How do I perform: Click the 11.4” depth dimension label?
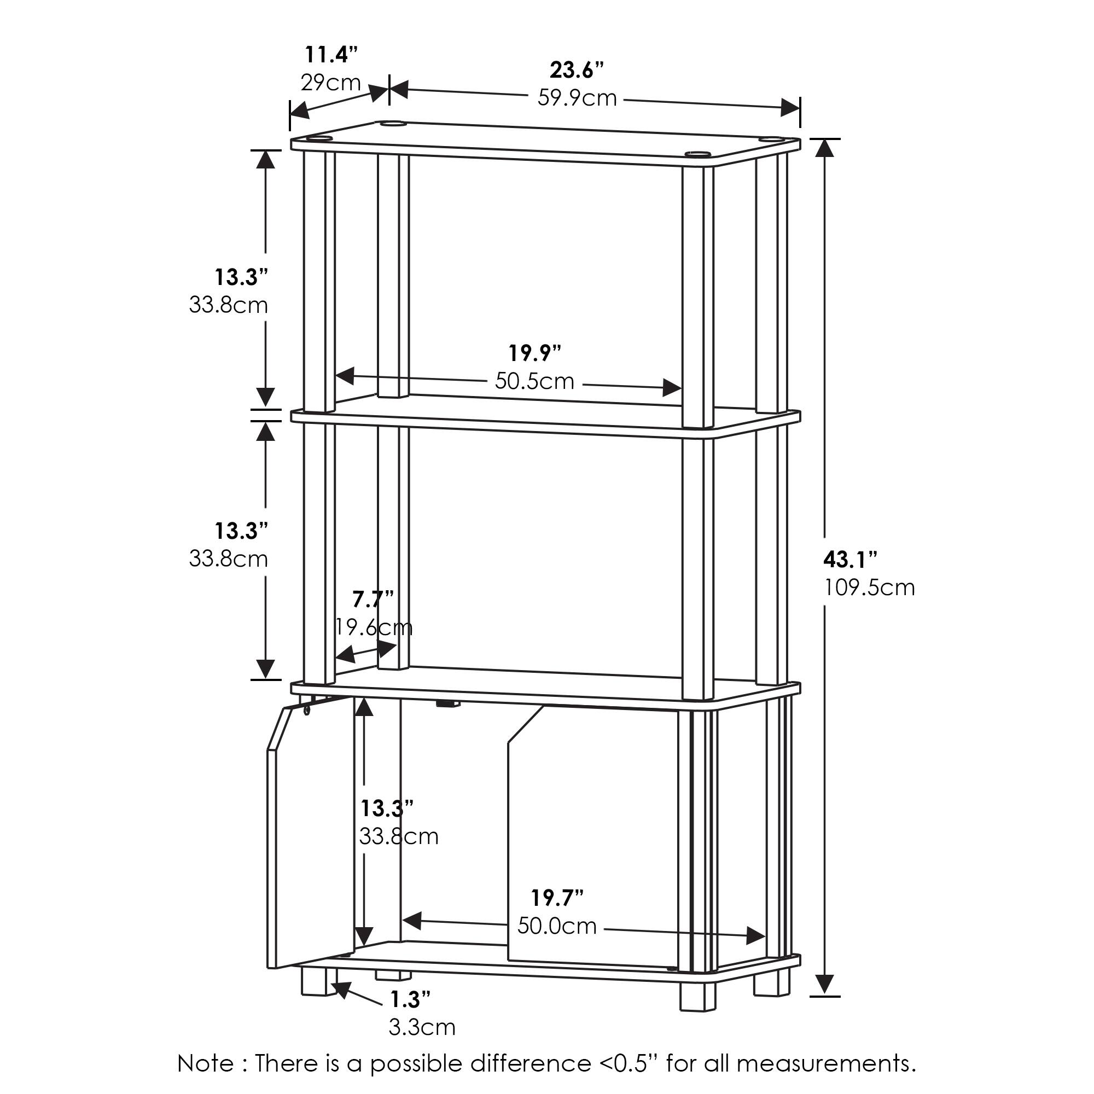pyautogui.click(x=331, y=55)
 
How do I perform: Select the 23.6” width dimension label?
pyautogui.click(x=577, y=71)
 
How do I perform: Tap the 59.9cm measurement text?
pyautogui.click(x=577, y=98)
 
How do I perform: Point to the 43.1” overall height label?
pyautogui.click(x=849, y=560)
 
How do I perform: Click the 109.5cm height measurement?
pyautogui.click(x=869, y=588)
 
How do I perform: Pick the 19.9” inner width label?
pyautogui.click(x=534, y=353)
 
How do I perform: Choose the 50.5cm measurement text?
pyautogui.click(x=534, y=381)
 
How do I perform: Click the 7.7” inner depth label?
pyautogui.click(x=373, y=598)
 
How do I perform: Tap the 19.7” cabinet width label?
pyautogui.click(x=557, y=898)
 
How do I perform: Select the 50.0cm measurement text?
pyautogui.click(x=557, y=927)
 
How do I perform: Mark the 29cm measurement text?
pyautogui.click(x=330, y=83)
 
